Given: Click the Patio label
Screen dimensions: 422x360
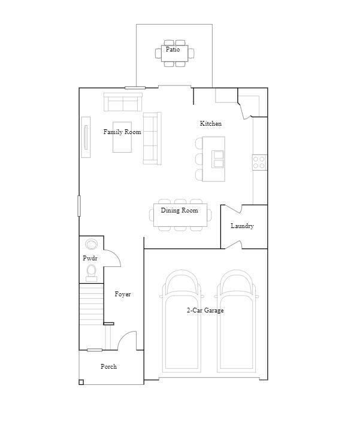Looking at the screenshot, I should pyautogui.click(x=173, y=50).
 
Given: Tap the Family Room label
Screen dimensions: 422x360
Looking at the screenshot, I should pyautogui.click(x=122, y=132).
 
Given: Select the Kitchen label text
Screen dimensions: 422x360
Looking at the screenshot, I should pyautogui.click(x=210, y=123).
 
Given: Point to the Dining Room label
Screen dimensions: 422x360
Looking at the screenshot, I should pyautogui.click(x=179, y=211).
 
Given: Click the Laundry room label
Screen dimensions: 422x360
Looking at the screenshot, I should pyautogui.click(x=242, y=226).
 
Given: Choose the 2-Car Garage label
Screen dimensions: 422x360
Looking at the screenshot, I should pyautogui.click(x=205, y=310).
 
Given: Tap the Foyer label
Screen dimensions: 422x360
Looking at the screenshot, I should pyautogui.click(x=123, y=295).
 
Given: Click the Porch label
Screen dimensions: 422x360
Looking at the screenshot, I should pyautogui.click(x=108, y=366).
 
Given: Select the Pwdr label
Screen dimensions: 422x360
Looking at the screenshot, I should pyautogui.click(x=90, y=258).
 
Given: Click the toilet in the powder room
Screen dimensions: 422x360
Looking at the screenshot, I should pyautogui.click(x=92, y=273).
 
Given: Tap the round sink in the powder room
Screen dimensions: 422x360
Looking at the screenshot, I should pyautogui.click(x=92, y=244).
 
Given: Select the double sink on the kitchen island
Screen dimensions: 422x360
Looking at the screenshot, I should pyautogui.click(x=219, y=159).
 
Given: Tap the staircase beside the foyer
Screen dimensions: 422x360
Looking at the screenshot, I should pyautogui.click(x=91, y=305).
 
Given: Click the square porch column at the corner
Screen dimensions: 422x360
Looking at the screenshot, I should pyautogui.click(x=81, y=382).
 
